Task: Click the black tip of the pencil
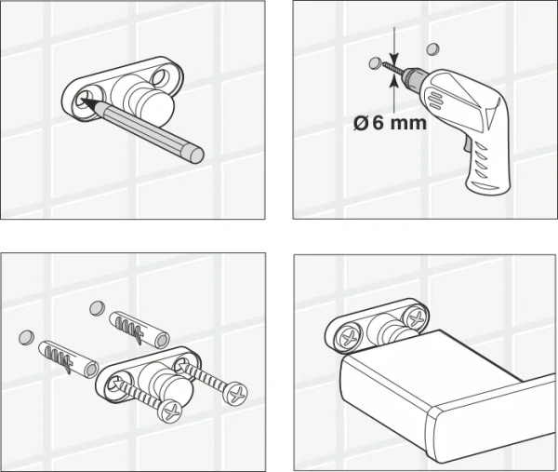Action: pyautogui.click(x=86, y=97)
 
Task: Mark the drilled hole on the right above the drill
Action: pyautogui.click(x=431, y=48)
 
